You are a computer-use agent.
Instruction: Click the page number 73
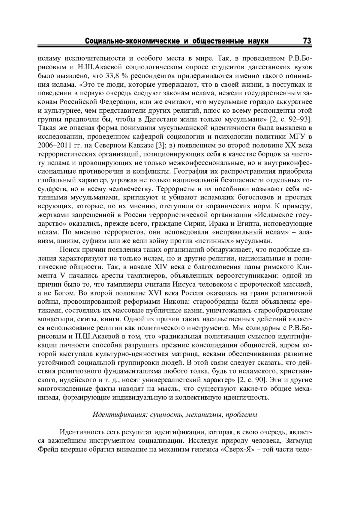click(x=307, y=41)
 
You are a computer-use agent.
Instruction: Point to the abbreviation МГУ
click(x=295, y=137)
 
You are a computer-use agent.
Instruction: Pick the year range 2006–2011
click(x=56, y=146)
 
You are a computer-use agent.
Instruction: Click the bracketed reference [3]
click(x=158, y=146)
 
